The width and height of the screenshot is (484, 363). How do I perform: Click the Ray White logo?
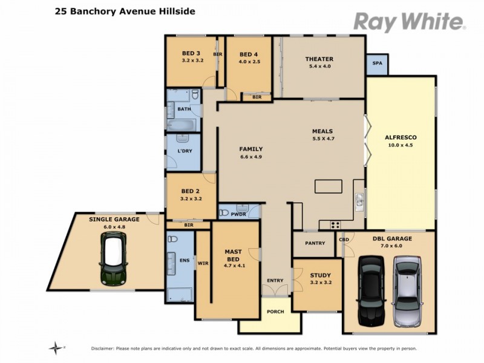tap(409, 22)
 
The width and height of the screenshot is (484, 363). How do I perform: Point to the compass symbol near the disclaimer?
tap(57, 347)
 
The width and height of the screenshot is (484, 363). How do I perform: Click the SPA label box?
tap(377, 63)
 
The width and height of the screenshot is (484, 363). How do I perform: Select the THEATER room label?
tap(319, 59)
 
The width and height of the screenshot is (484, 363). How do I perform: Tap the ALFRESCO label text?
tap(401, 137)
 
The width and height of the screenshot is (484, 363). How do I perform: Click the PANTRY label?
tap(315, 243)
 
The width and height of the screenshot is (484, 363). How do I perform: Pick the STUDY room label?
tap(320, 275)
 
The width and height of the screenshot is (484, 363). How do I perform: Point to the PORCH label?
tap(275, 312)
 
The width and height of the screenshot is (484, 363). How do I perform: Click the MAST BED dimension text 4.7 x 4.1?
tap(234, 266)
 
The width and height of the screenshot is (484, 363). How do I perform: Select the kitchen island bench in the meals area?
tap(328, 186)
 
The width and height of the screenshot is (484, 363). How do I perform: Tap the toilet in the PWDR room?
tap(225, 212)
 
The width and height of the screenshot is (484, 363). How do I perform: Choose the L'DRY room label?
tap(184, 151)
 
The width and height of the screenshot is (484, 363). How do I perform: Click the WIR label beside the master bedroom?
tap(203, 263)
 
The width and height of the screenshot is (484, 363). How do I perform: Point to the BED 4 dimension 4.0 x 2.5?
tap(249, 61)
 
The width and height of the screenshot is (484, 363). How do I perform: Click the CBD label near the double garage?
tap(344, 240)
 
